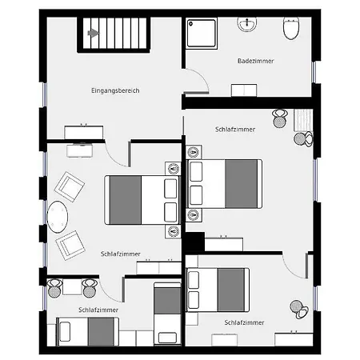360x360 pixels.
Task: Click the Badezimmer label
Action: click(x=255, y=61)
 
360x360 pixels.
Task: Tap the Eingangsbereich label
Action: click(x=115, y=90)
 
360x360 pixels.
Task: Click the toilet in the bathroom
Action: click(x=291, y=28)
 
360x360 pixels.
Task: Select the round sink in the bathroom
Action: click(x=247, y=24)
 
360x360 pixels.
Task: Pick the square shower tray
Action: click(x=202, y=34)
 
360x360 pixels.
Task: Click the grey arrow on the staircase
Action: click(x=94, y=33)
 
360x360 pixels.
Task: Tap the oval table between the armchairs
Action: click(x=58, y=217)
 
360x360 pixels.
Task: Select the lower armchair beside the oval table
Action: click(x=70, y=246)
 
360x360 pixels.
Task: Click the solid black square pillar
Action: click(x=195, y=242)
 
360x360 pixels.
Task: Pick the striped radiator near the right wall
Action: click(x=303, y=120)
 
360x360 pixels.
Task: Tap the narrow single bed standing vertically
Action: click(x=167, y=314)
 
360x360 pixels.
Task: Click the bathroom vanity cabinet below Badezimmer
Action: click(x=244, y=90)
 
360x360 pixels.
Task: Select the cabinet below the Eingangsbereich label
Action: click(x=84, y=132)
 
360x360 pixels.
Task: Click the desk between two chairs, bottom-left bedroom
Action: click(x=72, y=287)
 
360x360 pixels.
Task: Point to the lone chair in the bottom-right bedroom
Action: click(x=299, y=310)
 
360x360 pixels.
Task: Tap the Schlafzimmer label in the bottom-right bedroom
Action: click(x=244, y=322)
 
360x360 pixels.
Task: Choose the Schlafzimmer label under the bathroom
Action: click(x=235, y=130)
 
